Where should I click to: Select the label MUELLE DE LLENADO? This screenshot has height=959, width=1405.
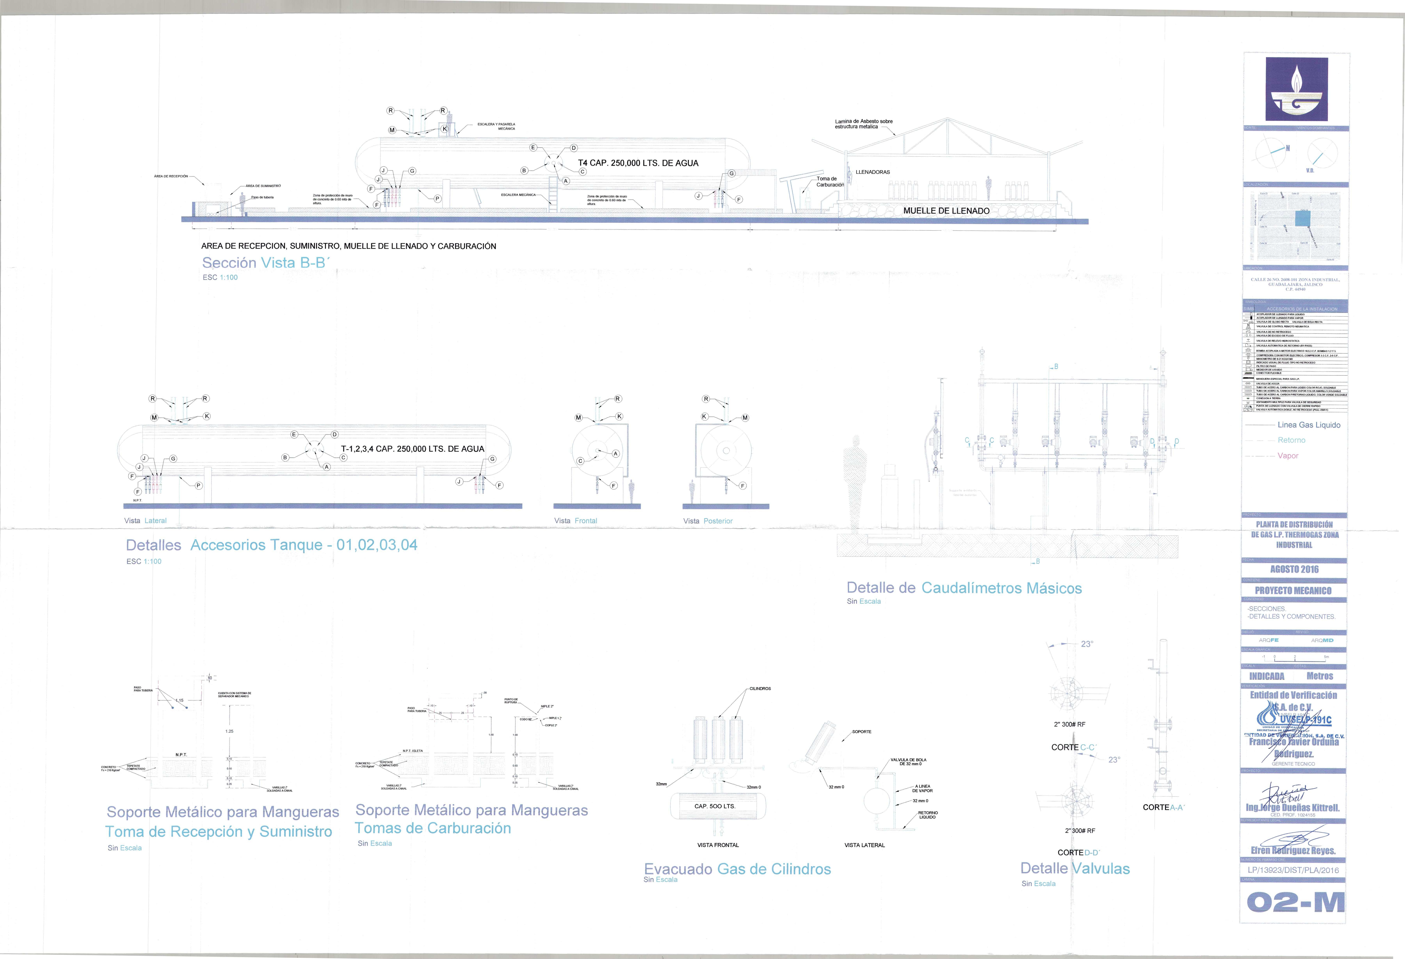pos(946,211)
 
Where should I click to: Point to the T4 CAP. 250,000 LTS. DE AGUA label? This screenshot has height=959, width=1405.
pos(638,163)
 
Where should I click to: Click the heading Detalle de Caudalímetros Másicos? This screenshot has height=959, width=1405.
pos(964,588)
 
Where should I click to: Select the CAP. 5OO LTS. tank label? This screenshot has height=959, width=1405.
pos(715,806)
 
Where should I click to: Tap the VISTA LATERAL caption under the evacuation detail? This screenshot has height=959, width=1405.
pos(864,845)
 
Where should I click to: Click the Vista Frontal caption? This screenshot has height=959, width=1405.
pos(575,521)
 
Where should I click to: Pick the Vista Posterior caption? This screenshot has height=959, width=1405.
pos(707,521)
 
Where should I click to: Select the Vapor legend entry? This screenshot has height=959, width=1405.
pos(1288,456)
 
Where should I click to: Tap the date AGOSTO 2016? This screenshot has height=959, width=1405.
pos(1294,569)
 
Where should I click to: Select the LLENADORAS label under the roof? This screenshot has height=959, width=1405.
pos(872,172)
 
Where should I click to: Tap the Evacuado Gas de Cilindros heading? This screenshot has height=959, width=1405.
pos(737,869)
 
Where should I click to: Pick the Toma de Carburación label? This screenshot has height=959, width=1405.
pos(830,182)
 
